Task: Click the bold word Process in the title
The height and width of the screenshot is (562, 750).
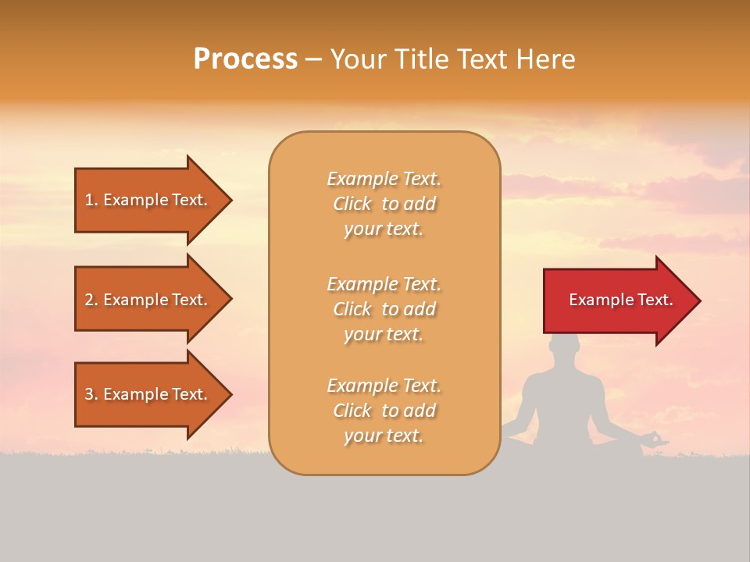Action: [245, 59]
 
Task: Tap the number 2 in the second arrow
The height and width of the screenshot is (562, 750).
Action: [89, 300]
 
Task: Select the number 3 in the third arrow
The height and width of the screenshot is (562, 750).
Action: [89, 394]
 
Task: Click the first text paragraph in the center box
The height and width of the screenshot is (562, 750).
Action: [384, 204]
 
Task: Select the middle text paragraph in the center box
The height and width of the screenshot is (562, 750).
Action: [384, 309]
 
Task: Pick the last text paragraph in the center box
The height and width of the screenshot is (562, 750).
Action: [384, 411]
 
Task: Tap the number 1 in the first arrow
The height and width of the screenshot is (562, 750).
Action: [89, 200]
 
